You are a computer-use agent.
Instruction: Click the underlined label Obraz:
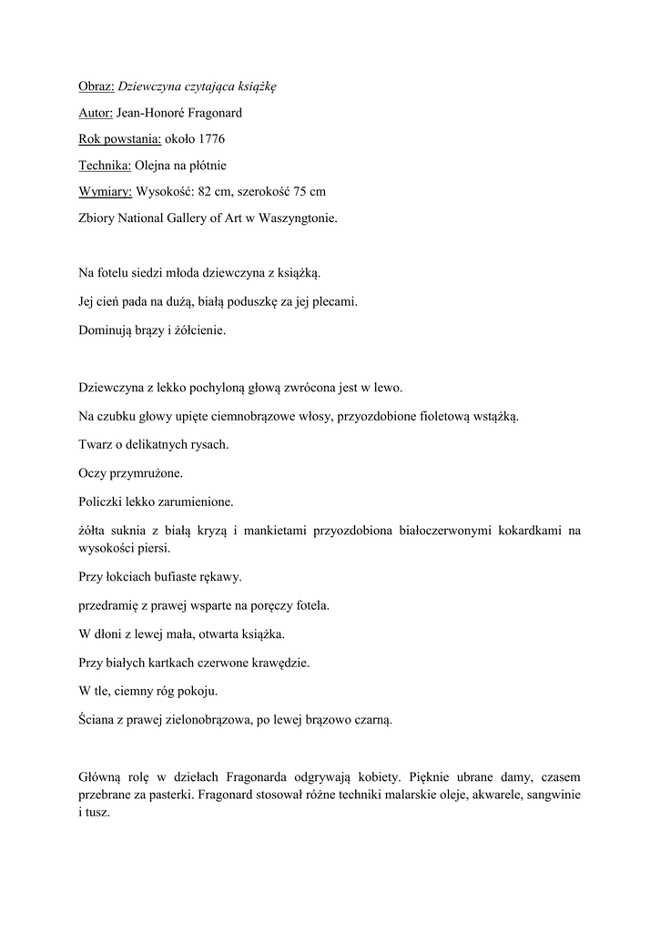click(x=96, y=87)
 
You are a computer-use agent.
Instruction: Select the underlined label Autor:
click(x=96, y=113)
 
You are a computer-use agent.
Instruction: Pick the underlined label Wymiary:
click(x=106, y=192)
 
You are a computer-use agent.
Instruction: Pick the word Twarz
click(x=96, y=445)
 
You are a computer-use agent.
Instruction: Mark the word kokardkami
click(x=532, y=530)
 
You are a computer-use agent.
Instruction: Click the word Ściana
click(x=98, y=720)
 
